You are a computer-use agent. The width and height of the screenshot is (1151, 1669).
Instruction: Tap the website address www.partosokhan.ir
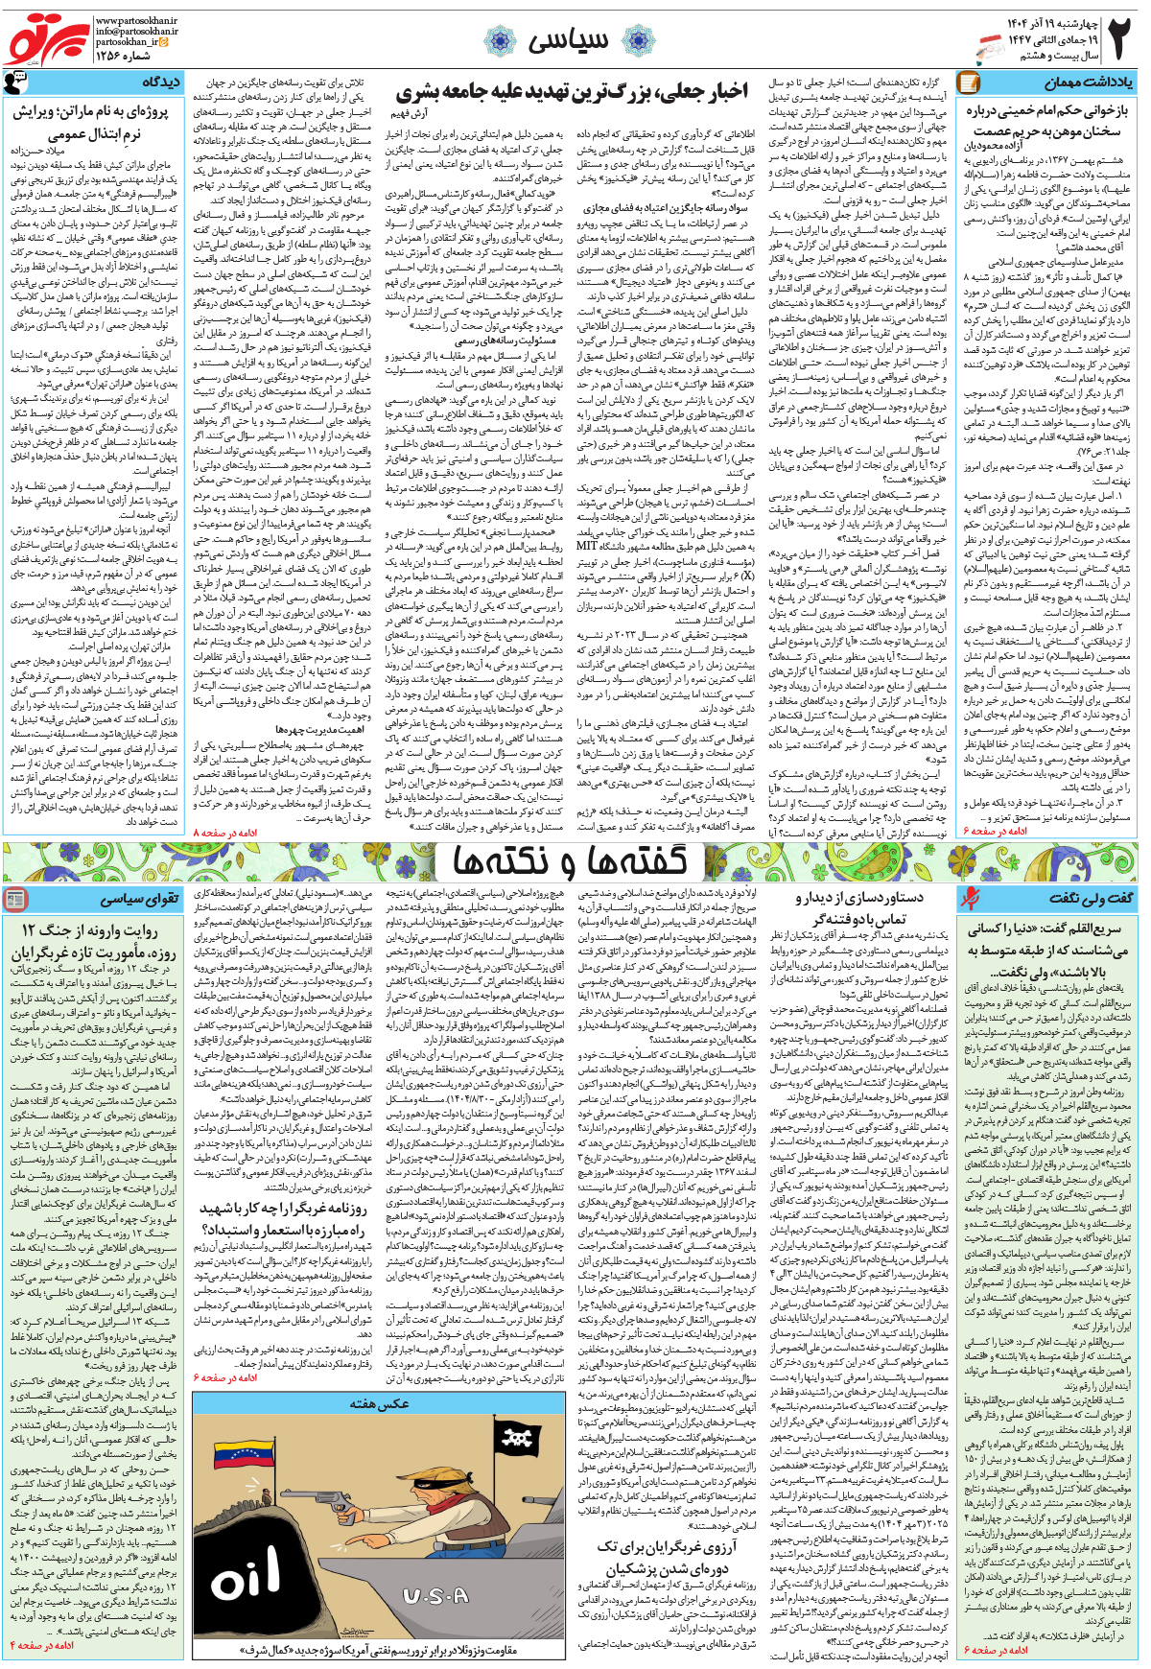pos(136,19)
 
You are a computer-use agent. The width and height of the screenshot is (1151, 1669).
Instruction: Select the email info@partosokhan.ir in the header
pos(136,31)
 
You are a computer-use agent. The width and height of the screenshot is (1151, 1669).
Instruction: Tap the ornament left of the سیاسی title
pos(499,41)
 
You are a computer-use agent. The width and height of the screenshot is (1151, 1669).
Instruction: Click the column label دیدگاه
pos(159,82)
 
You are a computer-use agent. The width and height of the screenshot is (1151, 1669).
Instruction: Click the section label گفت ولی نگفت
pos(1090,898)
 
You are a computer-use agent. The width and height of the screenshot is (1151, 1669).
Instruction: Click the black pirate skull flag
pos(518,1438)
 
